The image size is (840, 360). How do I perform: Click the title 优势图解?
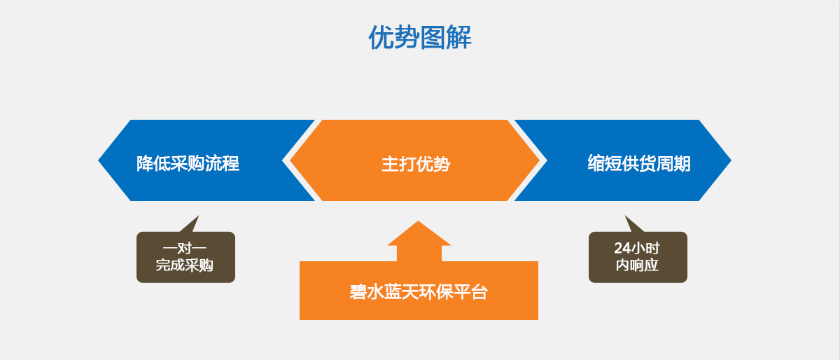[x=420, y=38]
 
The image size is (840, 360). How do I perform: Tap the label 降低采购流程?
[x=188, y=164]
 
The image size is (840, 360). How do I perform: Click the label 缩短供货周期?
[x=638, y=164]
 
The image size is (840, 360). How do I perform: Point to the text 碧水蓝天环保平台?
[x=419, y=292]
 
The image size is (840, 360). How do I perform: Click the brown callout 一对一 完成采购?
[x=185, y=257]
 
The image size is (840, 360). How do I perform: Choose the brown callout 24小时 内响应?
[x=638, y=257]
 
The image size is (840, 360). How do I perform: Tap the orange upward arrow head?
[x=419, y=235]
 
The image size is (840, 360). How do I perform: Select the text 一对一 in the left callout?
[x=185, y=248]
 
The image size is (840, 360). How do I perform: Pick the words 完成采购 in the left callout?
[x=185, y=266]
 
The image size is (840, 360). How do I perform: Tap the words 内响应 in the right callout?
[x=637, y=266]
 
